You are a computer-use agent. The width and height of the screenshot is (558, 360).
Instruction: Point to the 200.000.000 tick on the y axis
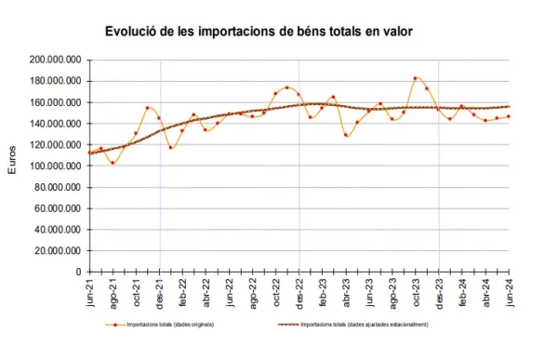coord(54,60)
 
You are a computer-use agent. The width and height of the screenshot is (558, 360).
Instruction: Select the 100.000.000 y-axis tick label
coord(54,166)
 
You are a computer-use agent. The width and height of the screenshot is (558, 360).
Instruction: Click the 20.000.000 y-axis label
coord(57,250)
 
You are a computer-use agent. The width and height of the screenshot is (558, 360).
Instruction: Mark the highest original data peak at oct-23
coord(416,78)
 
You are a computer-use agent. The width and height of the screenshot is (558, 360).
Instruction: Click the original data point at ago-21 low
coord(113,163)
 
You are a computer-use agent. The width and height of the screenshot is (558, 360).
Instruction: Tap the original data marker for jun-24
coord(509,116)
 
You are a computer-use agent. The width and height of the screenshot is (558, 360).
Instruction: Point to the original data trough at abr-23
coord(346,135)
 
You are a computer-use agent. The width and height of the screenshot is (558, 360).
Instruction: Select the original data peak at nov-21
coord(148,108)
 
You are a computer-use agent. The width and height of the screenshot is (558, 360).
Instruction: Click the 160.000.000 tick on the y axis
coord(54,102)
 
